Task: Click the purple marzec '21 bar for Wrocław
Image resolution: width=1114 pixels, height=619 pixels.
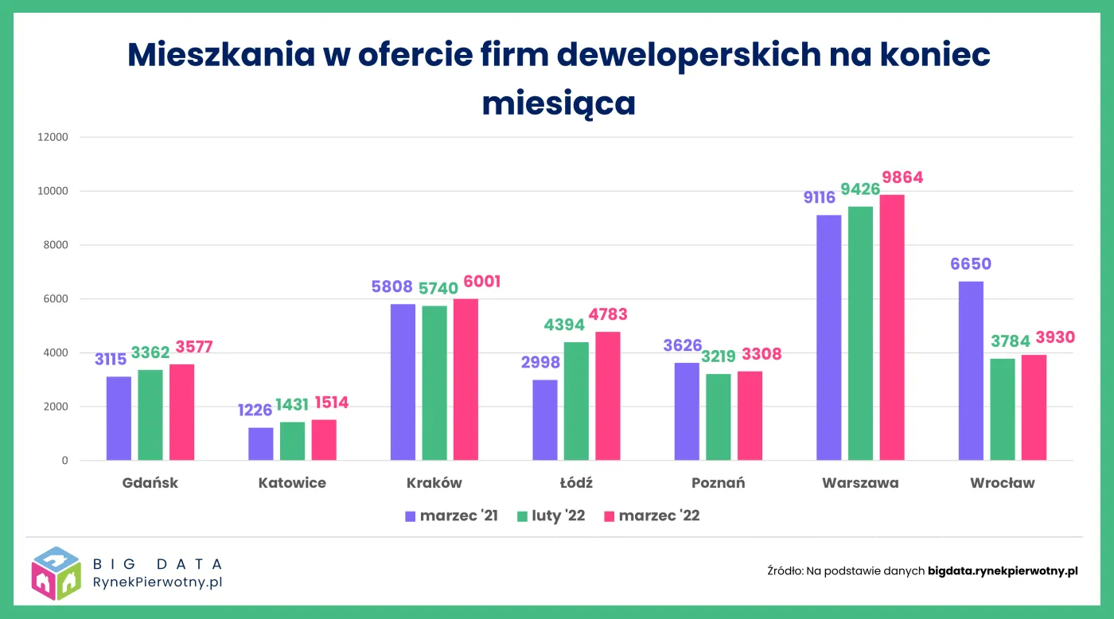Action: click(971, 371)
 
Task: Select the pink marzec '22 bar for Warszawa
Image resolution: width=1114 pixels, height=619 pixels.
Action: click(892, 328)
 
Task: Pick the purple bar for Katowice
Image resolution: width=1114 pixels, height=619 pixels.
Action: click(260, 444)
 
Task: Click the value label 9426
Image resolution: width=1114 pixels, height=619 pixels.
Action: click(860, 190)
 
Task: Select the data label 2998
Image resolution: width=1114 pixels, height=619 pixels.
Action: click(540, 363)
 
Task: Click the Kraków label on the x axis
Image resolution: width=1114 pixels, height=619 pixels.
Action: click(434, 483)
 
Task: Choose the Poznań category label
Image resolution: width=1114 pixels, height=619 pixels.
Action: click(718, 483)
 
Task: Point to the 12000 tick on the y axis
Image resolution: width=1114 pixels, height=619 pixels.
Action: click(53, 137)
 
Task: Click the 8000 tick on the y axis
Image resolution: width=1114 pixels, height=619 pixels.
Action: click(56, 245)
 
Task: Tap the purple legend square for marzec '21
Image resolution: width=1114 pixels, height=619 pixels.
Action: click(411, 516)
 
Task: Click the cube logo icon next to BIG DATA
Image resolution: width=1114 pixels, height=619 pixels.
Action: click(56, 573)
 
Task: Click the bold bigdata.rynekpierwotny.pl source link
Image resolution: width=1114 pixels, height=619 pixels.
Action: click(1003, 570)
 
